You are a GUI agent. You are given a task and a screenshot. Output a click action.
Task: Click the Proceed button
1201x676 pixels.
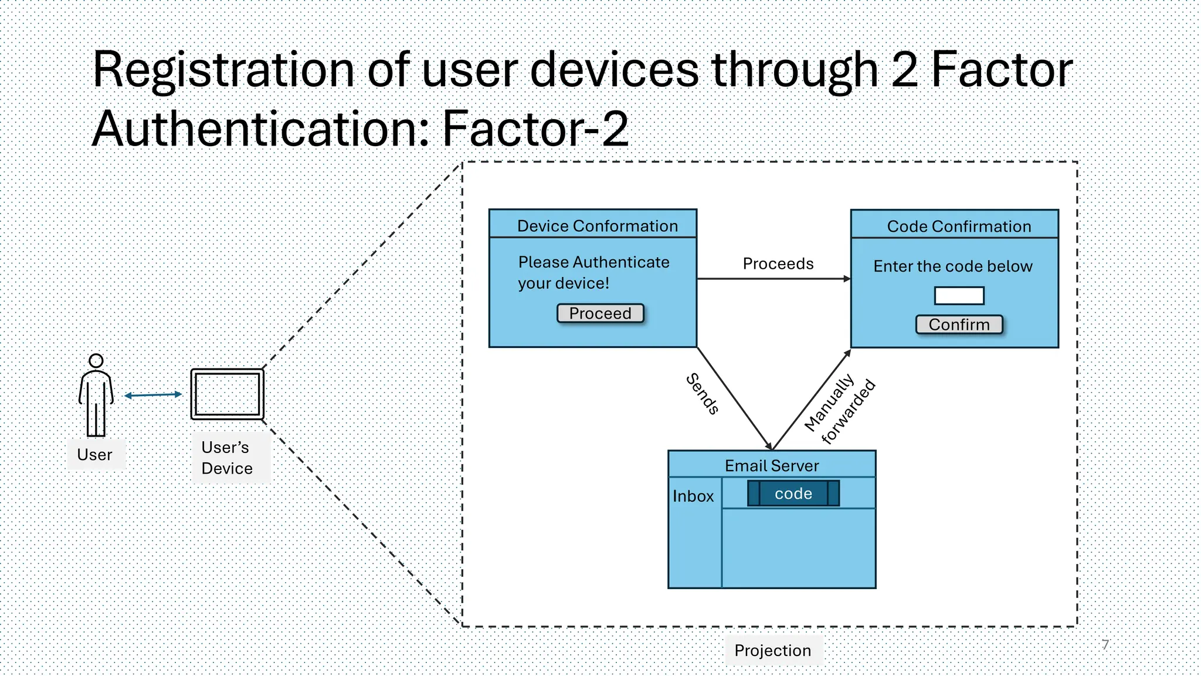[600, 313]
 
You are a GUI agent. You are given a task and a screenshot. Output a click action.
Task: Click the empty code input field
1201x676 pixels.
[959, 295]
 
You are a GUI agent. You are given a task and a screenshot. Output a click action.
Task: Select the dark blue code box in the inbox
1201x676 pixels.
[793, 494]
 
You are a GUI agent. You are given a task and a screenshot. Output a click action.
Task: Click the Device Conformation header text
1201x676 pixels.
[597, 226]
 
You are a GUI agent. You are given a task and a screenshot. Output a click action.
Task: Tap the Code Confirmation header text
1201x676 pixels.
[958, 227]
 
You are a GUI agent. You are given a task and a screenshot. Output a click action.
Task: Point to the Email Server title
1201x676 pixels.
[771, 465]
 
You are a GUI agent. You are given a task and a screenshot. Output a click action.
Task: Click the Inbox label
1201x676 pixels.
[693, 496]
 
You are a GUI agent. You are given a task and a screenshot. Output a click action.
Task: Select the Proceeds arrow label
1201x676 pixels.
[778, 263]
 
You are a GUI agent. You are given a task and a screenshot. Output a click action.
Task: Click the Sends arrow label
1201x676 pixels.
[703, 394]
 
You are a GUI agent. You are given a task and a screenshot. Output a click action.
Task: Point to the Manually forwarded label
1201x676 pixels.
[839, 410]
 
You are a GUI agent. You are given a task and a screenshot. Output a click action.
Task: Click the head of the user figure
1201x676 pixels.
[96, 360]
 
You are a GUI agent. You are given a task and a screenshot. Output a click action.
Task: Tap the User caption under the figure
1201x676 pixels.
[94, 455]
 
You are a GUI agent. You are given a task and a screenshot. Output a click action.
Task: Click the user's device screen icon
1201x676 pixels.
[228, 394]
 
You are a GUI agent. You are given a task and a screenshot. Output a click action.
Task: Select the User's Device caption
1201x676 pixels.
[227, 458]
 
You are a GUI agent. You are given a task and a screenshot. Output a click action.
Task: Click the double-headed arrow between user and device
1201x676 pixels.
[153, 395]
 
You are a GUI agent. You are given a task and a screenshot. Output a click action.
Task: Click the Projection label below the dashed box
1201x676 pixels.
[772, 650]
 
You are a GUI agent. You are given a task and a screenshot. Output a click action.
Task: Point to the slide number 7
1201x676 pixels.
[1105, 644]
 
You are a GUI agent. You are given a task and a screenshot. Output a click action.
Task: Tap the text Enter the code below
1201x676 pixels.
[952, 266]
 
